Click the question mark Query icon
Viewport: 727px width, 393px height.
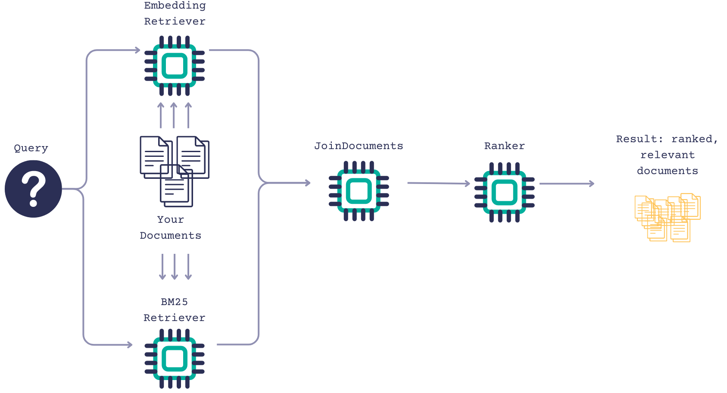point(33,189)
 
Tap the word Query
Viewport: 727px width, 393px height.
point(31,148)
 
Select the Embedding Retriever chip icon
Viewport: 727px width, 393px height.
point(175,66)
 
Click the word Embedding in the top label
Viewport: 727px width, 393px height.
point(175,6)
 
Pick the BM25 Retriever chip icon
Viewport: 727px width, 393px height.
point(175,359)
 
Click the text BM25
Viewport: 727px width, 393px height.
point(174,302)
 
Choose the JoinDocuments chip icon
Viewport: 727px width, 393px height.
point(359,191)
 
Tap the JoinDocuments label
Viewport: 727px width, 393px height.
point(359,146)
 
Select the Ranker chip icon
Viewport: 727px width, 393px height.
point(504,192)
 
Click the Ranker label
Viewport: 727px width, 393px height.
point(504,146)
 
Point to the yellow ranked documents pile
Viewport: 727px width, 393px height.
point(667,217)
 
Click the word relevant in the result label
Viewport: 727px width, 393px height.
point(668,155)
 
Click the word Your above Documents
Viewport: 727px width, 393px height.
point(171,220)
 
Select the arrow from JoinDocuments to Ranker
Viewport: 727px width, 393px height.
point(438,184)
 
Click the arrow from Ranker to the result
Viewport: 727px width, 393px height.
point(566,184)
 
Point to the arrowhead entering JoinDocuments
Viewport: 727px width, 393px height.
point(308,183)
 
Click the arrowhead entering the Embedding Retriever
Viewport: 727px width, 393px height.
point(137,50)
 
